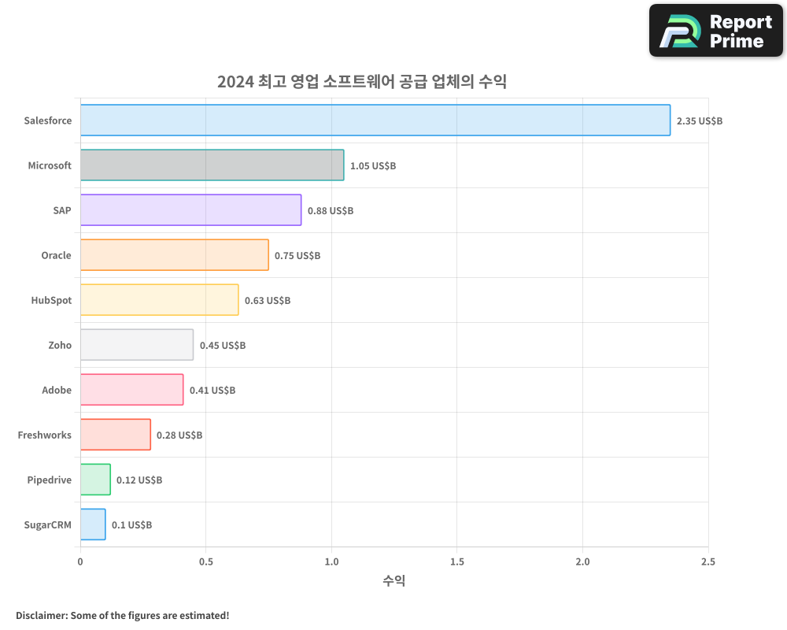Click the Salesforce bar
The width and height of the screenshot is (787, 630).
click(375, 120)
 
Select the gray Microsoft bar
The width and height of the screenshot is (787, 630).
click(212, 165)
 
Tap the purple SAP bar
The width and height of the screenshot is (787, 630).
click(190, 210)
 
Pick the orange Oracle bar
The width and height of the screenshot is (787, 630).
click(174, 255)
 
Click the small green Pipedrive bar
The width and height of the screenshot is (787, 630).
click(95, 480)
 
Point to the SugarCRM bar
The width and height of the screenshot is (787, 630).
click(93, 524)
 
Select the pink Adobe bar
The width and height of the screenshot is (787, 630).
click(131, 390)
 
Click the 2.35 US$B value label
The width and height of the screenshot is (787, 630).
click(699, 121)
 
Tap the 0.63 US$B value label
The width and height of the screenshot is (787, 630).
click(268, 301)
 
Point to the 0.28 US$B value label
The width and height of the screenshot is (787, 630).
click(179, 435)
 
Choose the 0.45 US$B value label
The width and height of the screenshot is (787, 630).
click(223, 346)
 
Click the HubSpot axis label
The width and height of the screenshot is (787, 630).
click(51, 300)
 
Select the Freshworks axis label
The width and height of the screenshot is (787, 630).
click(44, 435)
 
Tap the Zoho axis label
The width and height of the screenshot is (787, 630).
click(59, 345)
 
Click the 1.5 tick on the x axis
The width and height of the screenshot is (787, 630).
click(456, 561)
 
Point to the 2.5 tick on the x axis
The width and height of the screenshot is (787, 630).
click(708, 561)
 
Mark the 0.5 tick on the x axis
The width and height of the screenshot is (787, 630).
click(205, 561)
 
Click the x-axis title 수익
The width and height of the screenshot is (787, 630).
click(393, 581)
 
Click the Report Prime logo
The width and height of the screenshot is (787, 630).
click(715, 31)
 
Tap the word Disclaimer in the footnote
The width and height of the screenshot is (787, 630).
click(40, 615)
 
